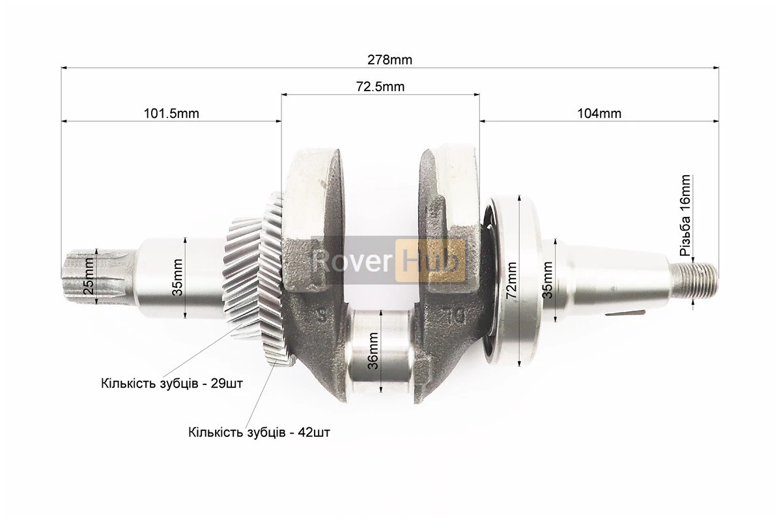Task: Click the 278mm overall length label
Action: (389, 60)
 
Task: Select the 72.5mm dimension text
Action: (380, 87)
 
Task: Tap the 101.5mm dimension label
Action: (171, 114)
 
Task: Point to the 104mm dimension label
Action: (599, 114)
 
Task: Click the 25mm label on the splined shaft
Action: (89, 276)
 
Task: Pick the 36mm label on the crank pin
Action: (374, 350)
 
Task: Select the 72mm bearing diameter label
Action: (511, 280)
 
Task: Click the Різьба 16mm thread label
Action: (686, 215)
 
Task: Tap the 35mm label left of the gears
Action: (178, 277)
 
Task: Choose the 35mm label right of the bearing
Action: (547, 280)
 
